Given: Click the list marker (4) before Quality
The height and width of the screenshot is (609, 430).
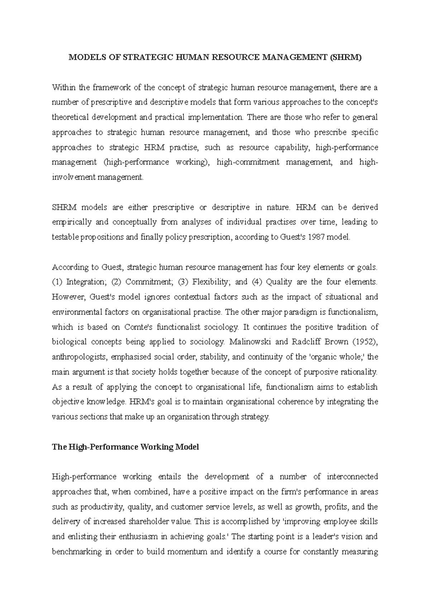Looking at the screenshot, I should pyautogui.click(x=257, y=282).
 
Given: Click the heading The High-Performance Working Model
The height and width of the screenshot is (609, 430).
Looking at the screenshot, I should pyautogui.click(x=125, y=447).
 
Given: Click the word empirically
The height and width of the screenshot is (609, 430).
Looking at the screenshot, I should pyautogui.click(x=72, y=222).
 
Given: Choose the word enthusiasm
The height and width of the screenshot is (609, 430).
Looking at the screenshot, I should pyautogui.click(x=138, y=537).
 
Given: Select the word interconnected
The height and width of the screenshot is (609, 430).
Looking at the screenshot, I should pyautogui.click(x=352, y=477).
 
